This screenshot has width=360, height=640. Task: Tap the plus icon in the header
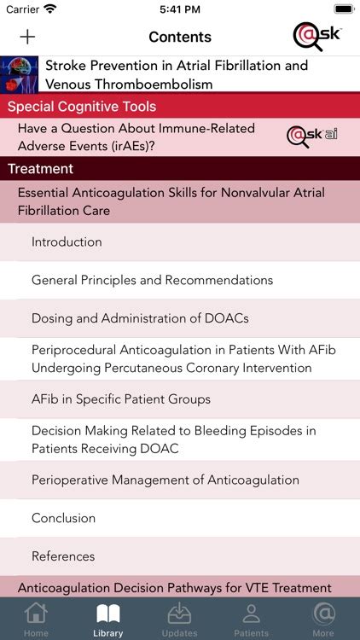(27, 37)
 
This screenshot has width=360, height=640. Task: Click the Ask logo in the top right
(316, 36)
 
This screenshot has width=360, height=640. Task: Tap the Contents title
(180, 37)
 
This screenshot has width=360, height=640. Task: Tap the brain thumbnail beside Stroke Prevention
(20, 74)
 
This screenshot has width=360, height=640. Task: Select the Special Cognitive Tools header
(82, 107)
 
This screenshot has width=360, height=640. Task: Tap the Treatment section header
(41, 169)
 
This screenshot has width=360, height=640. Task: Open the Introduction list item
(67, 242)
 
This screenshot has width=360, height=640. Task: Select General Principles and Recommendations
(152, 280)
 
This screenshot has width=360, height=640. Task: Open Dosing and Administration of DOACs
(140, 318)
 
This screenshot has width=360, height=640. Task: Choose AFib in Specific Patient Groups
(121, 399)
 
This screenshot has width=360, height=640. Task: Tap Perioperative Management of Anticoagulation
(165, 480)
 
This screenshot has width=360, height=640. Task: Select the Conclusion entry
(63, 518)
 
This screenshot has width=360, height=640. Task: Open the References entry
(63, 556)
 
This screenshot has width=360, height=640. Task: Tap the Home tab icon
(36, 614)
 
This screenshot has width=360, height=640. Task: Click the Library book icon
(108, 614)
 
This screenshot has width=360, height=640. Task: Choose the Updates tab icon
(180, 614)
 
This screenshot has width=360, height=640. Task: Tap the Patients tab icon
(251, 614)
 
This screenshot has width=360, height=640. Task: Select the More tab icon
(323, 614)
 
